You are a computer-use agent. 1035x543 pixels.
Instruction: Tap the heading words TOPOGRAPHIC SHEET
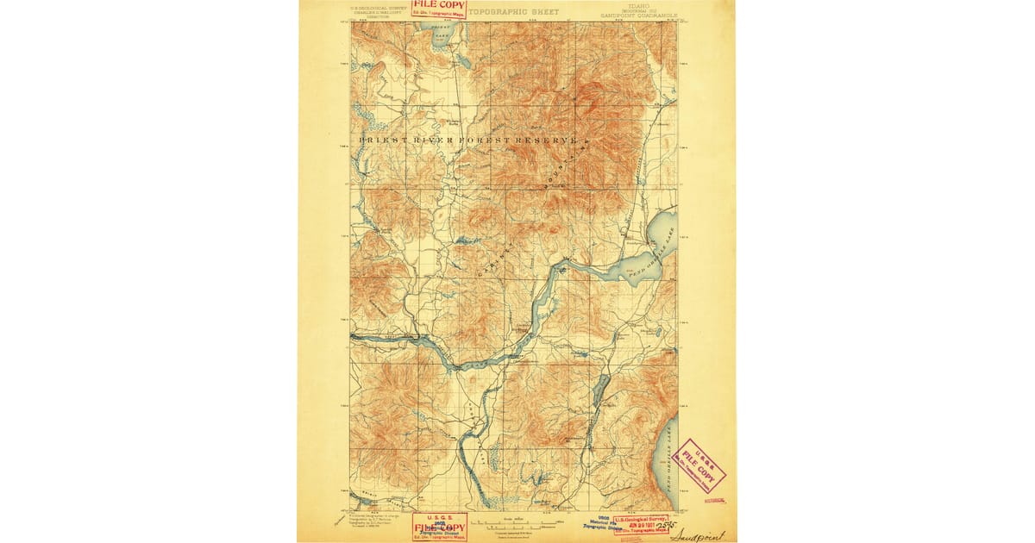click(x=513, y=12)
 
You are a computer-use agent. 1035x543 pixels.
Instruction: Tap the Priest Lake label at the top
click(x=441, y=29)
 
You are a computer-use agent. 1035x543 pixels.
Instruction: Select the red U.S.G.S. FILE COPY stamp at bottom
click(x=439, y=526)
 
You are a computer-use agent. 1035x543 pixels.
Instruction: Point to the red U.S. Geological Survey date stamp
click(x=643, y=524)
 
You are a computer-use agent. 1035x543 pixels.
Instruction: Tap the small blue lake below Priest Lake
click(x=464, y=62)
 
